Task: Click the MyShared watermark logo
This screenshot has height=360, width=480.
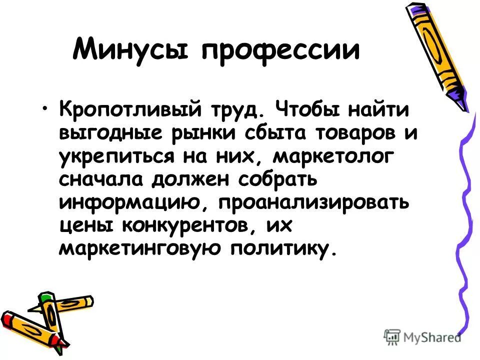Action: coord(423,337)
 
